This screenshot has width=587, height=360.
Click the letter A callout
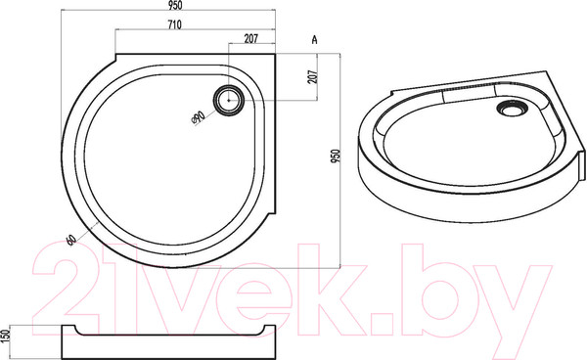pos(313,39)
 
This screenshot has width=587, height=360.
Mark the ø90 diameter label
pos(199,116)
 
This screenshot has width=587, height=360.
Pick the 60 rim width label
pos(71,238)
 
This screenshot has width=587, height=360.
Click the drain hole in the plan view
pos(231,100)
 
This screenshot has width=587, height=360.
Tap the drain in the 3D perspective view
pos(510,111)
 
